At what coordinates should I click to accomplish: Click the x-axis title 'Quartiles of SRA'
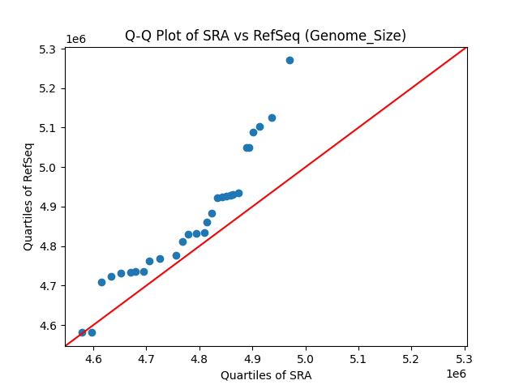click(266, 375)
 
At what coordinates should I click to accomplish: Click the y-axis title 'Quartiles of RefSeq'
click(28, 196)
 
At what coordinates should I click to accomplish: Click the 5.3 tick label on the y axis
click(48, 49)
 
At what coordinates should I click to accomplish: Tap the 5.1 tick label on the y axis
click(48, 128)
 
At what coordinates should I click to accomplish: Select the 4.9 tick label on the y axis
click(48, 207)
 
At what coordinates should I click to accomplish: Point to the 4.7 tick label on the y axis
click(48, 286)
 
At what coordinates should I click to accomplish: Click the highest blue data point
click(290, 60)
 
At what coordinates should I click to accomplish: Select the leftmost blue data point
click(82, 332)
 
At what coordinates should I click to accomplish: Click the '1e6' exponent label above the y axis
click(75, 39)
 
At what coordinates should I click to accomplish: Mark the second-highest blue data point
click(272, 118)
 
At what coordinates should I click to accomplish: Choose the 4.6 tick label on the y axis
click(48, 326)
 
